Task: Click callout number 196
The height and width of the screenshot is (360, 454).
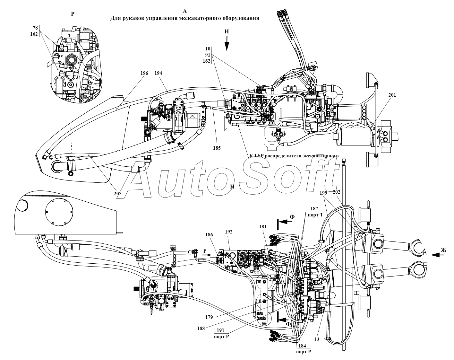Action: (144, 73)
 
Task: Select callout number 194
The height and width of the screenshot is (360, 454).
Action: (158, 73)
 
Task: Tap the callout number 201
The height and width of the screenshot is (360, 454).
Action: (392, 95)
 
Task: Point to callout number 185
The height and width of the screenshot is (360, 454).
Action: (217, 149)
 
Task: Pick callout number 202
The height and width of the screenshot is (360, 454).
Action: (337, 192)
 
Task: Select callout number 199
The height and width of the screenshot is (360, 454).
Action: (323, 193)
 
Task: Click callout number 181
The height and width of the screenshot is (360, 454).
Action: (263, 227)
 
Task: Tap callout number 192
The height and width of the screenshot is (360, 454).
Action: (228, 231)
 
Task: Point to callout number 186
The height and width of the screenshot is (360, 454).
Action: (209, 235)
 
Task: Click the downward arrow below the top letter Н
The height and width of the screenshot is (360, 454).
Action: (227, 44)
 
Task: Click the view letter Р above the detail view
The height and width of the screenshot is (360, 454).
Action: (73, 14)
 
